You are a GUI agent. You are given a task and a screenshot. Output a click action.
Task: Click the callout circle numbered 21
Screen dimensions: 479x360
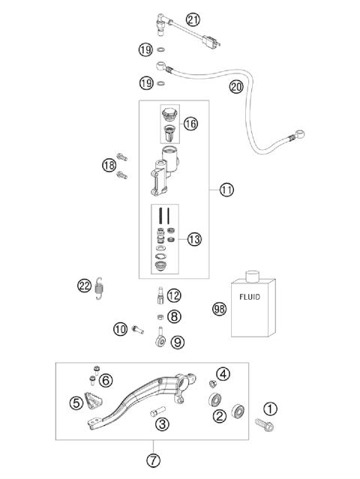[193, 20]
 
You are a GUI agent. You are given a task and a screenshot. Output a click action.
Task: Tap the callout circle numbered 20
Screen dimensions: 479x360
[236, 87]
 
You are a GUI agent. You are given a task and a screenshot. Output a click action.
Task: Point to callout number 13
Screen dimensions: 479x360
[194, 239]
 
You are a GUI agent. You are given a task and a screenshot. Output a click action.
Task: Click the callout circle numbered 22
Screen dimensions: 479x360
[85, 285]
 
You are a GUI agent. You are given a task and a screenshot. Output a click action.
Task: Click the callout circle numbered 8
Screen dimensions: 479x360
[174, 317]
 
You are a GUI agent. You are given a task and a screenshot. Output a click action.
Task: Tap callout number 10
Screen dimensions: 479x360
[121, 328]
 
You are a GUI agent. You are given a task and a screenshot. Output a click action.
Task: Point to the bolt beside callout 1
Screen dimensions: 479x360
[264, 426]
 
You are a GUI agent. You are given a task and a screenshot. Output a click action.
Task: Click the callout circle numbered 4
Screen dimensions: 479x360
[223, 374]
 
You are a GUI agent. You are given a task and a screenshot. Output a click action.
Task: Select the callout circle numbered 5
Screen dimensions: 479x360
[76, 403]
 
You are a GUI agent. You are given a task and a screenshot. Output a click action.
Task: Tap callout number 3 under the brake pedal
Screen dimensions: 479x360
[160, 424]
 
